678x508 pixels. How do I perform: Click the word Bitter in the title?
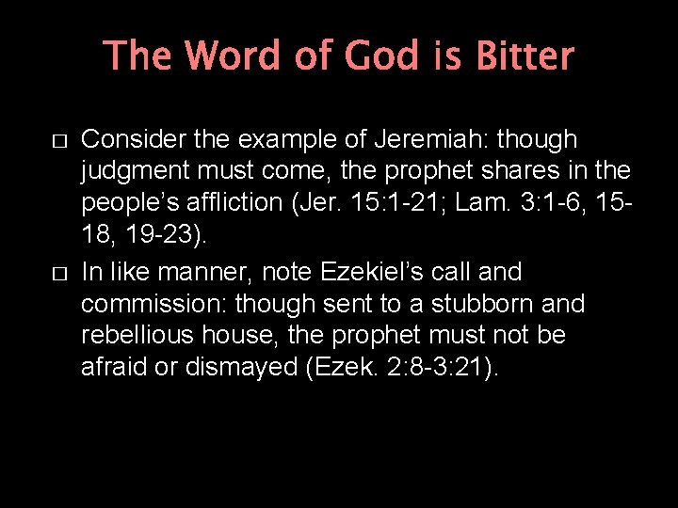point(525,56)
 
